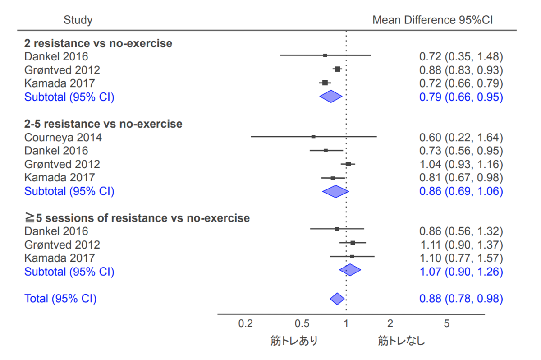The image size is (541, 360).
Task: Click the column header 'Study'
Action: click(78, 20)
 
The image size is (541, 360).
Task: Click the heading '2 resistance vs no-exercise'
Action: click(98, 43)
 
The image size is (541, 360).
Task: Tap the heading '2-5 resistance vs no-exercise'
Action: click(103, 124)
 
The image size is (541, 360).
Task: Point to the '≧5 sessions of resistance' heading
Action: click(137, 218)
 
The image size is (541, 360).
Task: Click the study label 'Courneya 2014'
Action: click(63, 137)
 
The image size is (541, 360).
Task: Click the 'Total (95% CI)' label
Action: click(60, 299)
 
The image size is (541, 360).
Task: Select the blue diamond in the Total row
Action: click(337, 299)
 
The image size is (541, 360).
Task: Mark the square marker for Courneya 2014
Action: click(313, 137)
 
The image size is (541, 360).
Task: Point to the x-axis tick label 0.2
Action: click(246, 324)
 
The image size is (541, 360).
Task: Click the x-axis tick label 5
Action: click(447, 324)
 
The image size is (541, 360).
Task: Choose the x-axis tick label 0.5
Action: click(302, 324)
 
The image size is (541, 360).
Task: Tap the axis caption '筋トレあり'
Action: click(294, 341)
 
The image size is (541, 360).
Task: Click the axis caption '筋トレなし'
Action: click(401, 341)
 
